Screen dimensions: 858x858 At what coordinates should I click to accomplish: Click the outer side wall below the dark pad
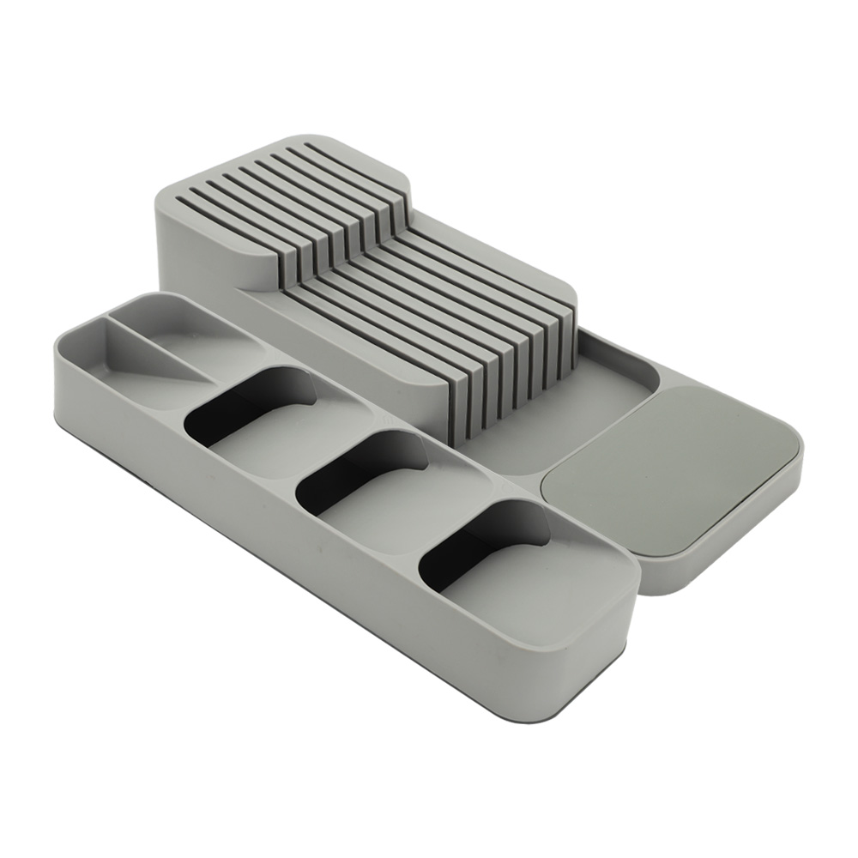pos(729,549)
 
